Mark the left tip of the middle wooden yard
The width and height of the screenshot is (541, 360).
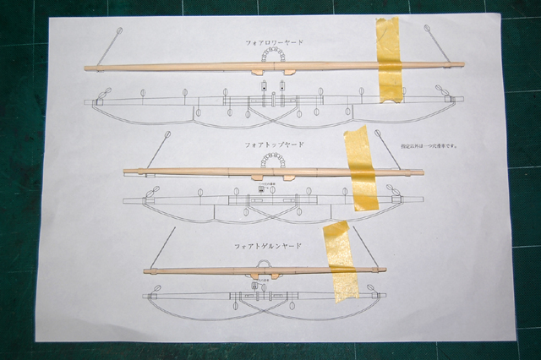tap(124, 171)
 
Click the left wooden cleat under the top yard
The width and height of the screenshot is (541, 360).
tap(257, 72)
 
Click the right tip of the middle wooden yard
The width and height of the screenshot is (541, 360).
tap(423, 172)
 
